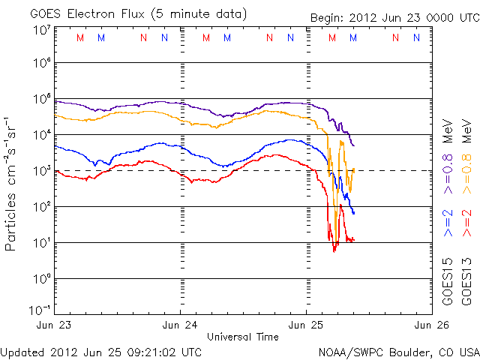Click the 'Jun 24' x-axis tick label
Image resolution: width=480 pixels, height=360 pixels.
tap(181, 325)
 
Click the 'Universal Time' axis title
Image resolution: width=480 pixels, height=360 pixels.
tap(243, 337)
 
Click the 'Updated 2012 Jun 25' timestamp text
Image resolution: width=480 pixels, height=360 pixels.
tap(101, 351)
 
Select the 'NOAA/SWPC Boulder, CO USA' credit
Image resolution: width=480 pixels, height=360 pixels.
tap(397, 351)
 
